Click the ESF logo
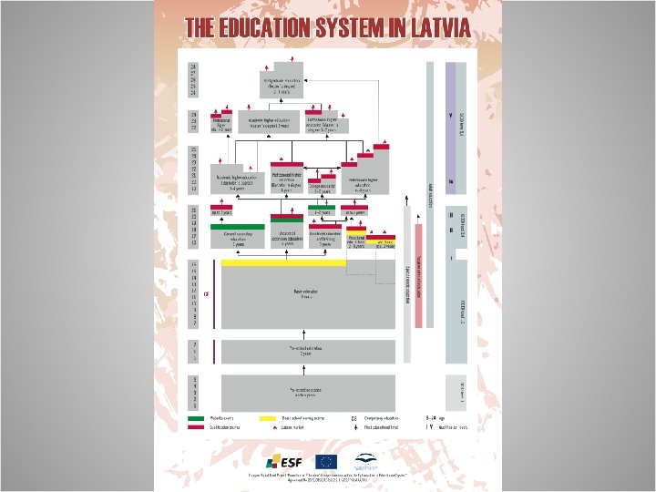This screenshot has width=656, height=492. click(x=282, y=460)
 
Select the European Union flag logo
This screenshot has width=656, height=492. click(x=325, y=460)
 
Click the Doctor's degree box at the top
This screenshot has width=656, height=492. click(x=283, y=85)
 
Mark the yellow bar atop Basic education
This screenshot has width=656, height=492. click(x=283, y=262)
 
